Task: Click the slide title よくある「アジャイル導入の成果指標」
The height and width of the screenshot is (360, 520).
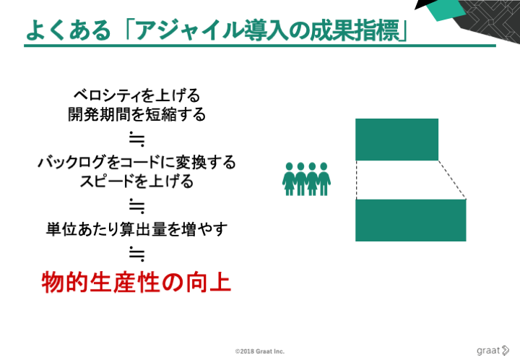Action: (217, 30)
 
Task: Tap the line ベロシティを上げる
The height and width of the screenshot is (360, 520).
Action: (136, 95)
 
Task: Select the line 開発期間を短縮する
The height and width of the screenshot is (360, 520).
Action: (136, 114)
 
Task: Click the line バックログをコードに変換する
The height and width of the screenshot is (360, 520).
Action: (136, 162)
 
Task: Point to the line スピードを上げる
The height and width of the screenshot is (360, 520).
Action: (136, 181)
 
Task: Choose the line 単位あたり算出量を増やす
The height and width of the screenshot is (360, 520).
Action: (136, 229)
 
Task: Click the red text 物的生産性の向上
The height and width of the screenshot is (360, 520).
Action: (136, 283)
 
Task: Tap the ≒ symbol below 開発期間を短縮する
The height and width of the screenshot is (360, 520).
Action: (137, 139)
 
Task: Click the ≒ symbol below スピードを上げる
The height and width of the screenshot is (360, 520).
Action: (137, 206)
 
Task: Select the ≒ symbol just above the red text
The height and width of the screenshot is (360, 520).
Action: (137, 254)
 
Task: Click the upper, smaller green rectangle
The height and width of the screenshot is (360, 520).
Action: (396, 140)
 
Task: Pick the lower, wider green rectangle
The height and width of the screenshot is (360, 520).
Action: (410, 220)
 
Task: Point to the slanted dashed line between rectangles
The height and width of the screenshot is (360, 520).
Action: (452, 180)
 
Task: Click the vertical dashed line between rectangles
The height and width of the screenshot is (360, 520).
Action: (357, 180)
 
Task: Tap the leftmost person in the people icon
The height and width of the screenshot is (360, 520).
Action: (289, 179)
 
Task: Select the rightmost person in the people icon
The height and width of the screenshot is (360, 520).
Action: (324, 179)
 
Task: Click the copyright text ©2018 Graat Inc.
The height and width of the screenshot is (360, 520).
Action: (260, 351)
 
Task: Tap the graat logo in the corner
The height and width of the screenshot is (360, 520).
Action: (493, 351)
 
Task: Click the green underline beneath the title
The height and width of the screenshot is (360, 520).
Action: (260, 46)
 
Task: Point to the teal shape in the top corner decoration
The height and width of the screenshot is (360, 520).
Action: (446, 10)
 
